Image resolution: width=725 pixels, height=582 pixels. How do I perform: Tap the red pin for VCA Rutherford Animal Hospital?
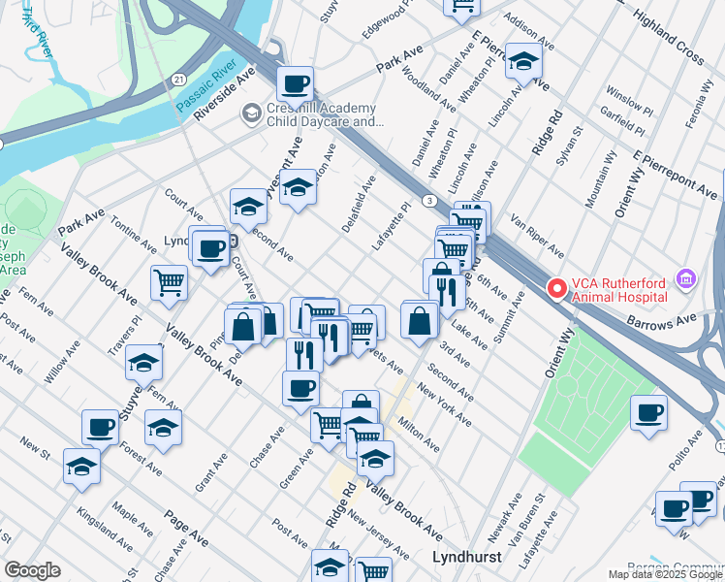557,288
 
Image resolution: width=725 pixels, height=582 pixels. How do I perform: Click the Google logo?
32,570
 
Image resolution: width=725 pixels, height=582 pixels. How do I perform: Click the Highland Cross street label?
668,38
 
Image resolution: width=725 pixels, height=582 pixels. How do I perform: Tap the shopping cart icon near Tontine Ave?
169,282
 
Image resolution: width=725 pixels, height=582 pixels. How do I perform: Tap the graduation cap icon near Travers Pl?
144,363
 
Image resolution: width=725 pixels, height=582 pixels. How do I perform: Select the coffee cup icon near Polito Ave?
648,411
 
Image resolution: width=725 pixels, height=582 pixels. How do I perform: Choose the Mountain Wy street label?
601,178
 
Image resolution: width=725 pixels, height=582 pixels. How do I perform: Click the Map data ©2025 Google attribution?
666,574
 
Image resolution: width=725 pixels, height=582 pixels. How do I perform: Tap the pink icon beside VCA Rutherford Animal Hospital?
687,280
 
